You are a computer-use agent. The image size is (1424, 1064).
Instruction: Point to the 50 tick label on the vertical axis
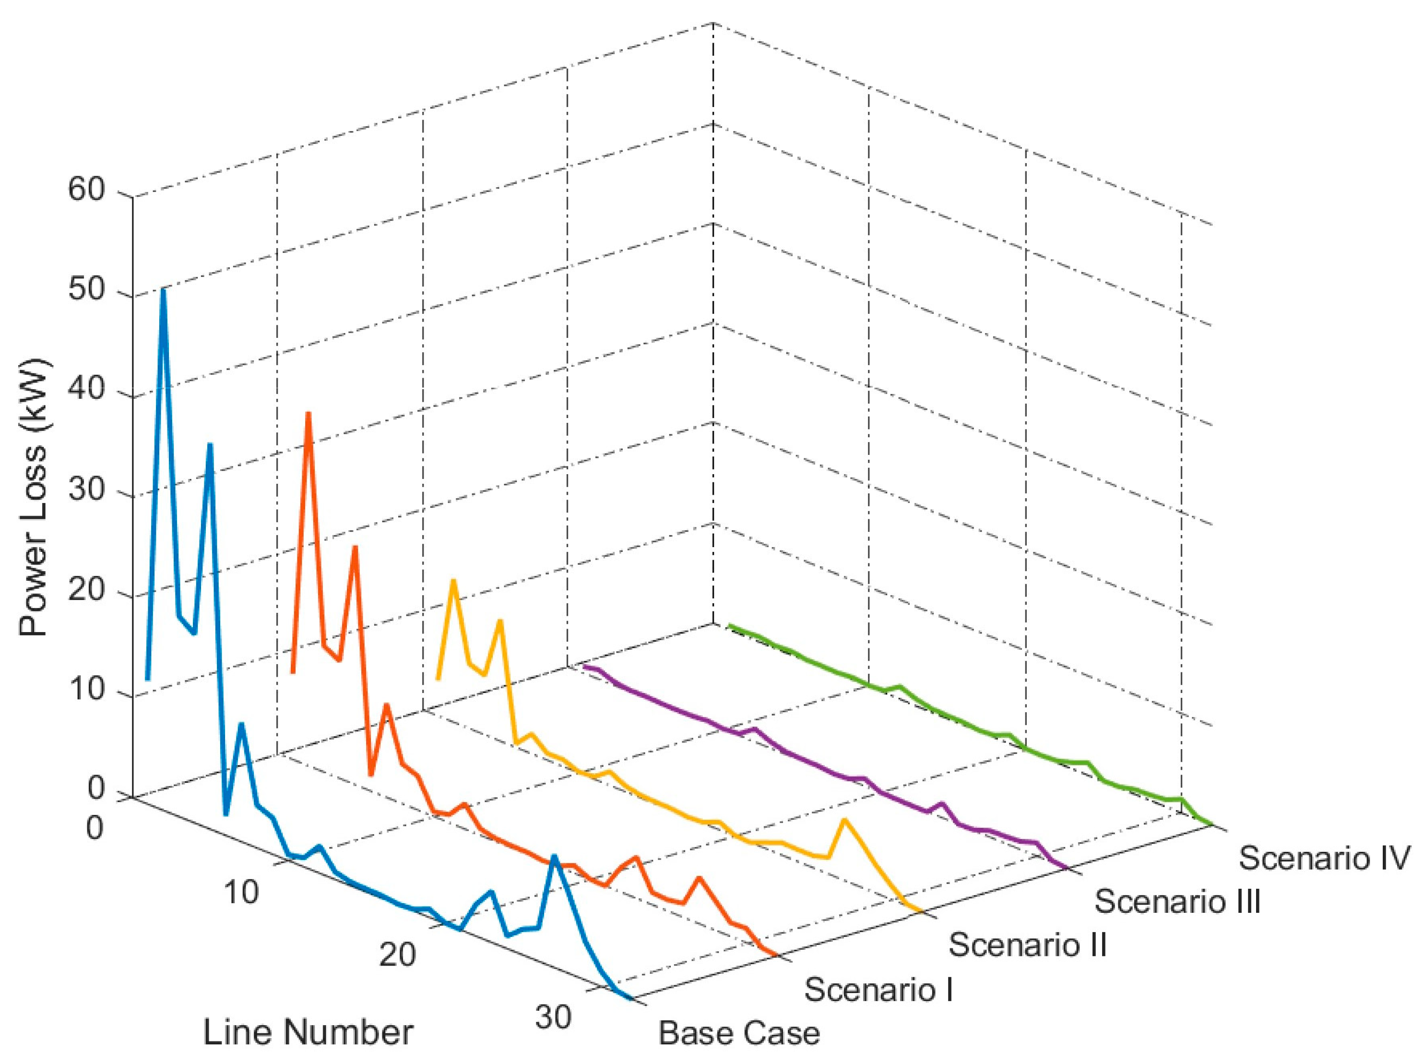(x=86, y=290)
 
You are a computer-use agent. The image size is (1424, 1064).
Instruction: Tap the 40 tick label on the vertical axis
(x=86, y=390)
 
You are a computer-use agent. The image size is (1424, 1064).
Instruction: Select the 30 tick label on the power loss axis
(x=86, y=490)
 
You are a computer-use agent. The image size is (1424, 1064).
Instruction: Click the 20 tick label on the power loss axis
(x=86, y=590)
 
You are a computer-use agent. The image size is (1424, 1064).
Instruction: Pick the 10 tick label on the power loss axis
(x=86, y=690)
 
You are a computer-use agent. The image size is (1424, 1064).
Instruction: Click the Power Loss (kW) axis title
(x=34, y=497)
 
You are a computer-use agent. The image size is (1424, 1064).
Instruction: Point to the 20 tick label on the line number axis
(x=397, y=954)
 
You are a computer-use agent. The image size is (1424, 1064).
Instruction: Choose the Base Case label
(x=738, y=1033)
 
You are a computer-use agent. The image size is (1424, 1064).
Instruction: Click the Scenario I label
(x=878, y=989)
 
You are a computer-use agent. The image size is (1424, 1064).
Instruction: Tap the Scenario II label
(x=1027, y=944)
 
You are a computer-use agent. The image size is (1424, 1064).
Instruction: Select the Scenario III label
(x=1177, y=901)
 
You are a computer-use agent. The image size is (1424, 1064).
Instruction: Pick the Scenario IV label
(x=1324, y=858)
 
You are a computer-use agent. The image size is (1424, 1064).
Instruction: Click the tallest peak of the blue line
(x=164, y=291)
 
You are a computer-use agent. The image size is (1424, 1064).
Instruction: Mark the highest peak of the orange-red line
(x=309, y=414)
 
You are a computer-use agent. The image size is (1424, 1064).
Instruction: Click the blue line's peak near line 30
(x=554, y=857)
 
